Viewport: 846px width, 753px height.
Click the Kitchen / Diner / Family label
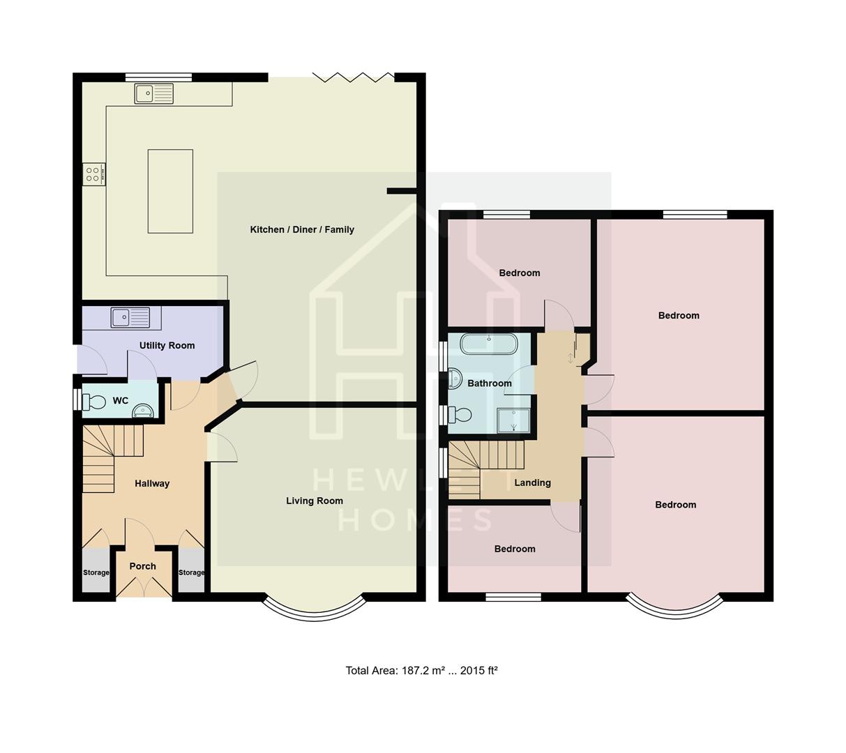[302, 229]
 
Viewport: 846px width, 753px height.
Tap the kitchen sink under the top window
[154, 93]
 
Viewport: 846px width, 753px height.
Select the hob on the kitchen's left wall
[93, 174]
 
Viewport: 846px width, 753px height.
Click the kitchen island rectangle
[170, 191]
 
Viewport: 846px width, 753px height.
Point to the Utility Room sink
[130, 317]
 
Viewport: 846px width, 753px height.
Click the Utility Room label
[167, 345]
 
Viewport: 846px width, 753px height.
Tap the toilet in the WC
[92, 402]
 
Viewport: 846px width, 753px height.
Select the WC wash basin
[143, 410]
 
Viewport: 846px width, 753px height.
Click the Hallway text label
[152, 483]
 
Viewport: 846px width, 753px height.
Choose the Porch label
[143, 566]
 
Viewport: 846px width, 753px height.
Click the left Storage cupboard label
[96, 572]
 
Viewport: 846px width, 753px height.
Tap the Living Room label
[315, 501]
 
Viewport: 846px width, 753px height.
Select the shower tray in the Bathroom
[513, 420]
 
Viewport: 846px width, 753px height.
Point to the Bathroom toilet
[461, 415]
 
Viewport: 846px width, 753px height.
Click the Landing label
[533, 482]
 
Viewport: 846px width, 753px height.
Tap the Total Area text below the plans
[421, 671]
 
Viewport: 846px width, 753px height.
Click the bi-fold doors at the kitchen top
[353, 77]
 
